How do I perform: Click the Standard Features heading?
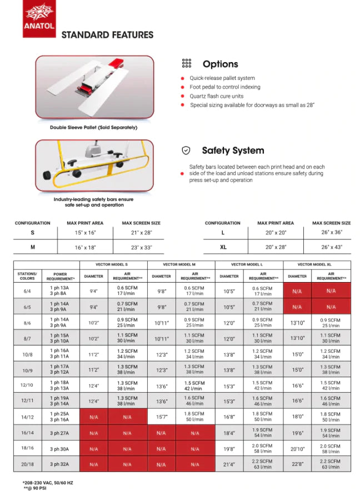tap(107, 35)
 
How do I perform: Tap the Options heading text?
tap(220, 64)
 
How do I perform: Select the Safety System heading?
tap(233, 151)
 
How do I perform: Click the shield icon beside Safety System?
tap(187, 151)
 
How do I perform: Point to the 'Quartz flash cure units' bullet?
tap(217, 96)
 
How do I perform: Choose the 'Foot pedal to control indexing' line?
tap(224, 87)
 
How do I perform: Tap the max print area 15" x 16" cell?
tap(85, 233)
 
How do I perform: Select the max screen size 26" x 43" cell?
tap(331, 247)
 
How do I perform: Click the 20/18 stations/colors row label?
tap(28, 464)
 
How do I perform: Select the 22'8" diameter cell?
tap(297, 464)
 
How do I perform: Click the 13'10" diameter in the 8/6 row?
tap(297, 323)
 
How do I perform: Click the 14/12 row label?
tap(28, 417)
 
